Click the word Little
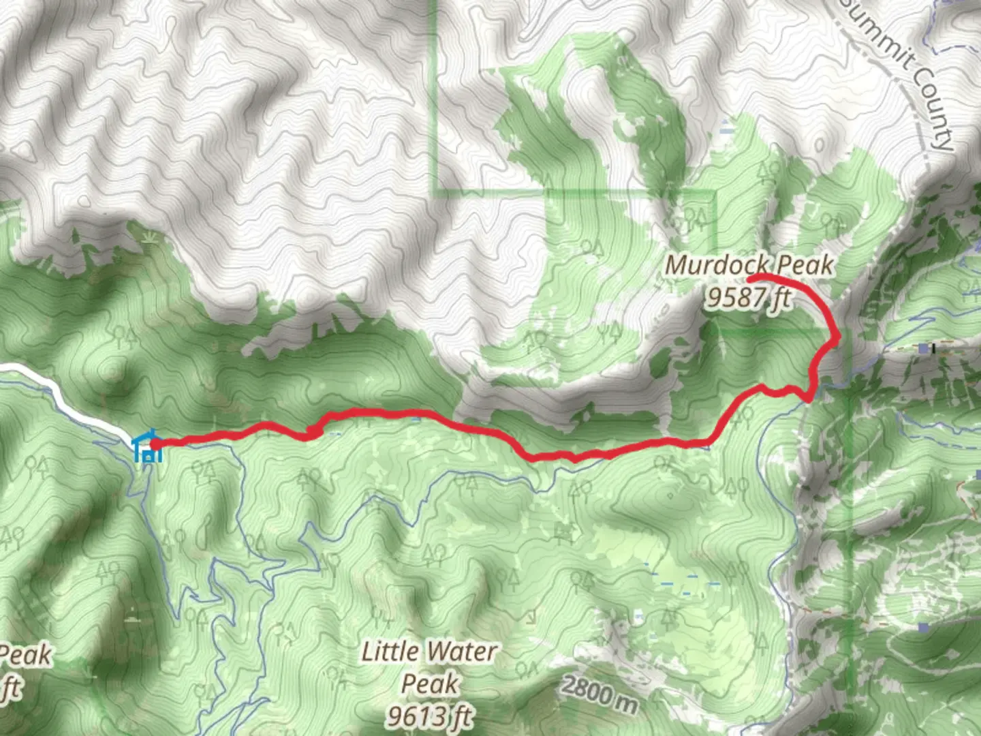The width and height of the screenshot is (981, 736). pyautogui.click(x=390, y=651)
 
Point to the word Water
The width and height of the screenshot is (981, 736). pyautogui.click(x=466, y=651)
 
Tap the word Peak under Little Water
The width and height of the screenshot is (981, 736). pyautogui.click(x=429, y=683)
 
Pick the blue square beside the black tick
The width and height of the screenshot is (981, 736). pyautogui.click(x=922, y=349)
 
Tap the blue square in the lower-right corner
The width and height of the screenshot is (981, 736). pyautogui.click(x=922, y=626)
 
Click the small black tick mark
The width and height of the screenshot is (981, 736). pyautogui.click(x=935, y=349)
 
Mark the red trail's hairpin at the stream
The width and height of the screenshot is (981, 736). pyautogui.click(x=808, y=399)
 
